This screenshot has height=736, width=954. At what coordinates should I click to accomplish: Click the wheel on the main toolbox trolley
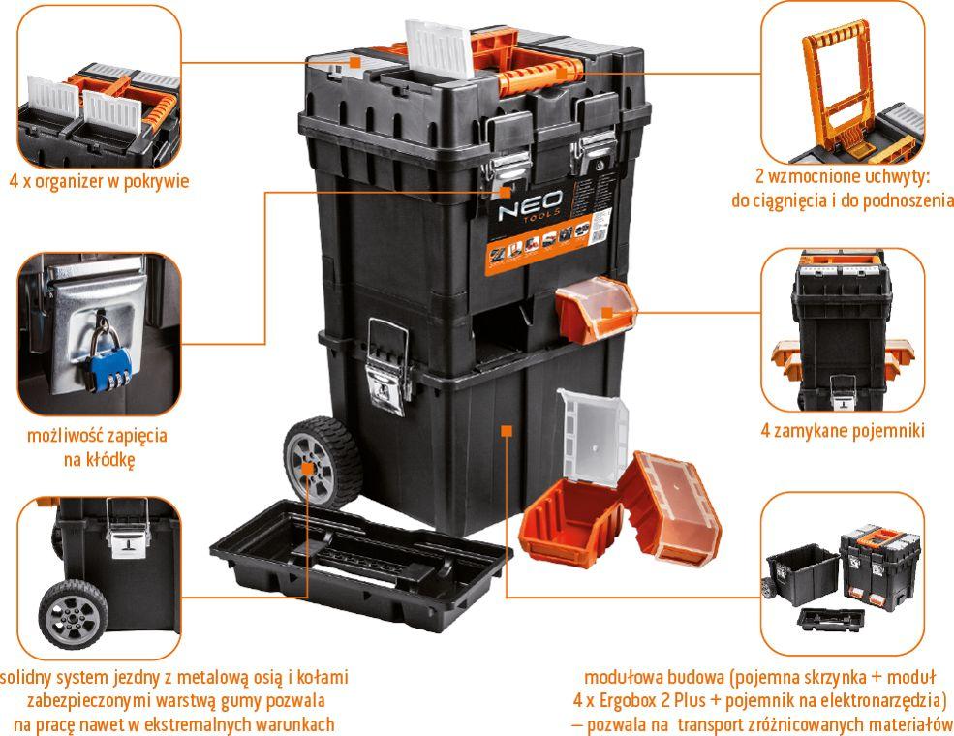click(x=323, y=462)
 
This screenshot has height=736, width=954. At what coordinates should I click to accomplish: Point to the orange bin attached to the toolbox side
click(x=597, y=308)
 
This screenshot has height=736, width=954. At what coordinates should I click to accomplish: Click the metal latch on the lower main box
click(x=388, y=368)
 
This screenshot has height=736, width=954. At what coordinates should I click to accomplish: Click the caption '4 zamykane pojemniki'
click(x=843, y=431)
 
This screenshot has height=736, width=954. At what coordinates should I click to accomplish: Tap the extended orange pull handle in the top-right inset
click(x=837, y=85)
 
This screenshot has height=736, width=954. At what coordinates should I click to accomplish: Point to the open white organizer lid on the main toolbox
click(x=440, y=48)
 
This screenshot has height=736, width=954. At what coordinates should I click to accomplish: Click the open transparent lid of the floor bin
click(x=592, y=436)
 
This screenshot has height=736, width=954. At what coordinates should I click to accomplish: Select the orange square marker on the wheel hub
click(x=308, y=469)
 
